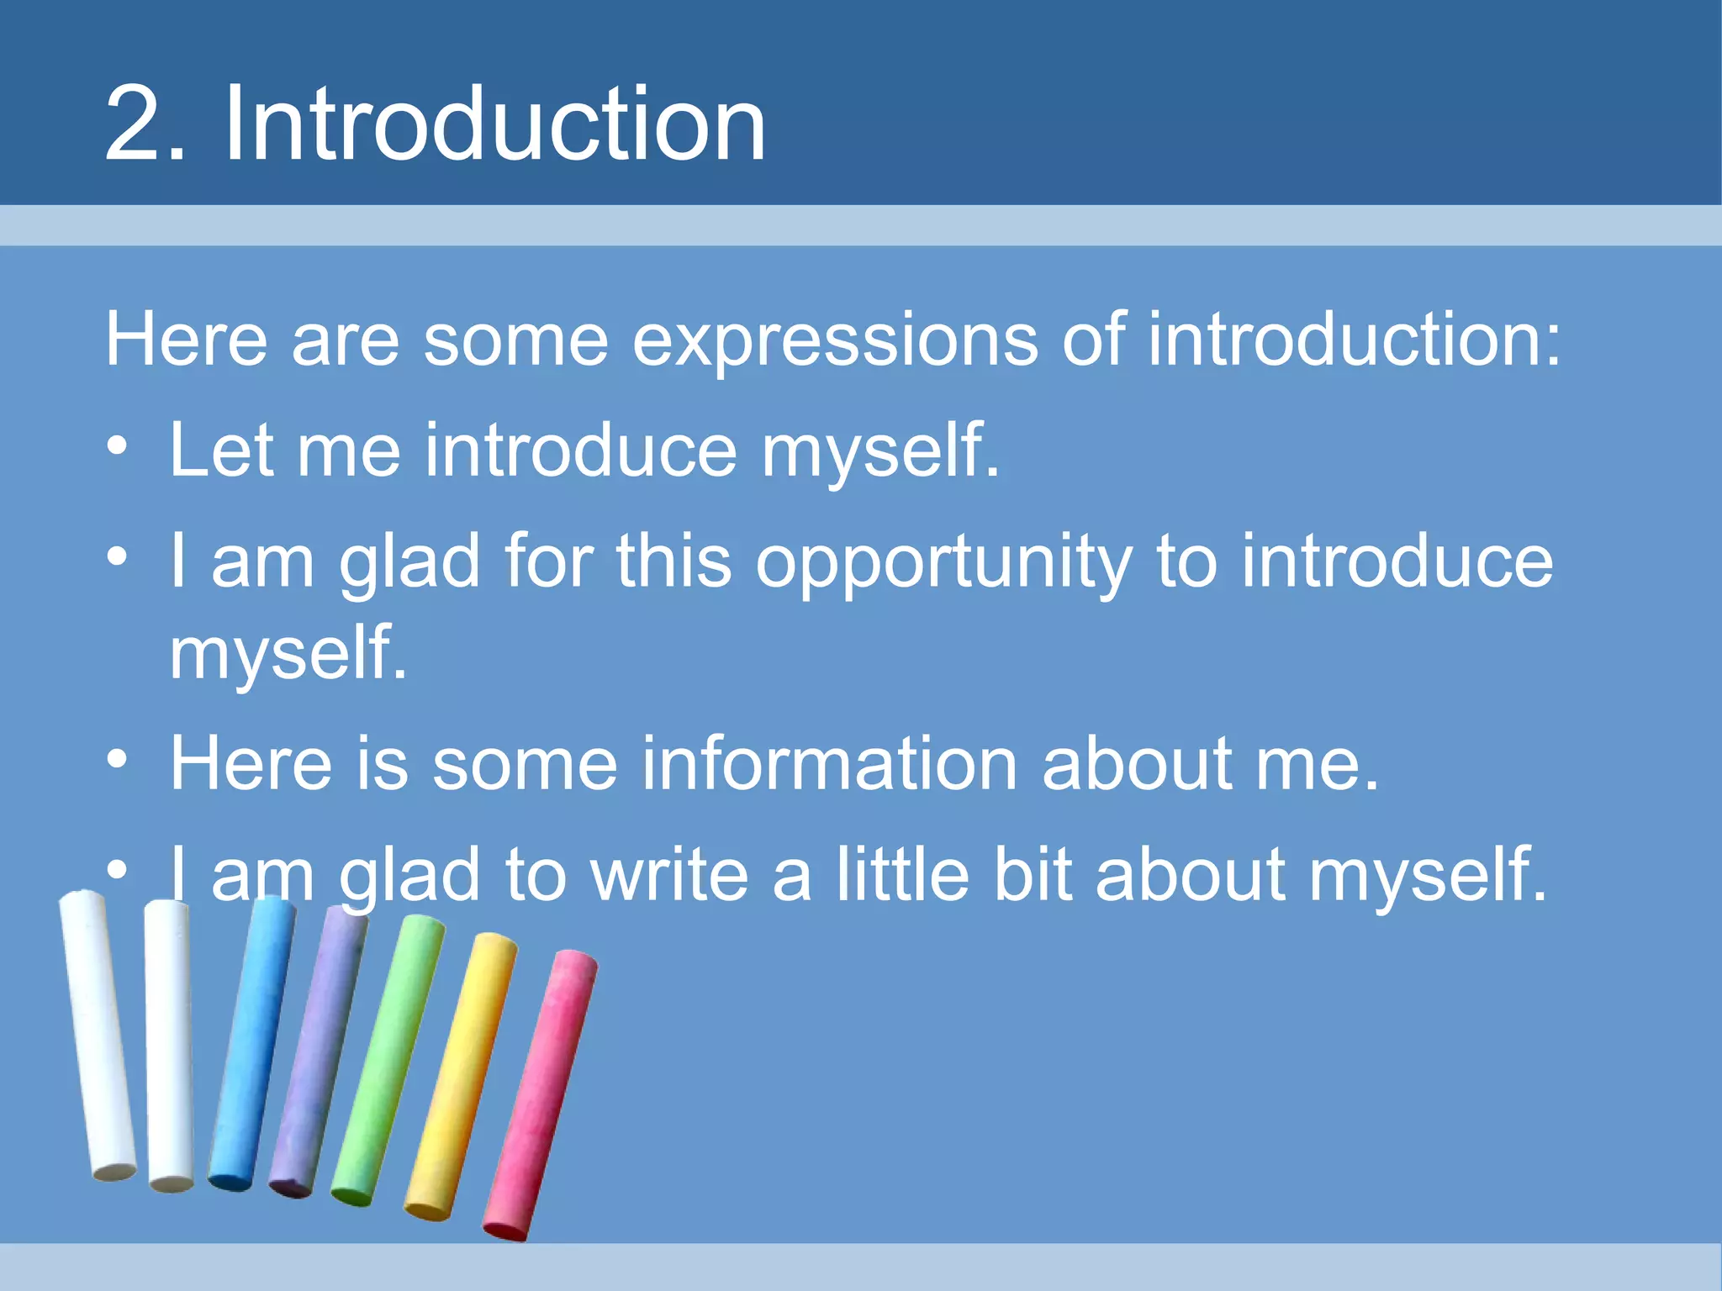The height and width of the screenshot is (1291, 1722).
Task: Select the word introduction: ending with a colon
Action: coord(1355,340)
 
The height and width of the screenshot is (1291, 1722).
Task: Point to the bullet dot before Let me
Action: coord(118,445)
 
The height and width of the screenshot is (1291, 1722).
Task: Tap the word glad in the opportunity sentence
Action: coord(409,561)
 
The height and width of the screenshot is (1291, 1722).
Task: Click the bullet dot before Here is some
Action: coord(118,759)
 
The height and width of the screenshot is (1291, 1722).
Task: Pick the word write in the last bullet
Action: coord(669,874)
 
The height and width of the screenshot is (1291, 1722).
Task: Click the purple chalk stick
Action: coord(319,1051)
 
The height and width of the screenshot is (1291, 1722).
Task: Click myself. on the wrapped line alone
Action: coord(288,654)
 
